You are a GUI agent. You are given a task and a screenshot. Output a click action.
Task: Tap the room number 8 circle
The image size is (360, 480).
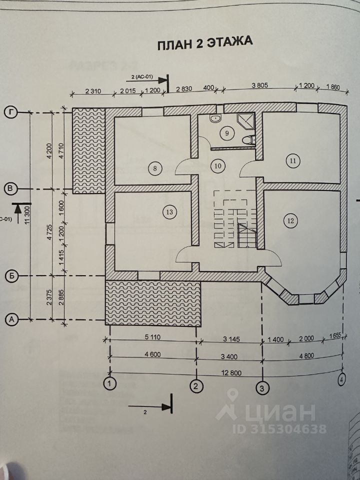[155, 168]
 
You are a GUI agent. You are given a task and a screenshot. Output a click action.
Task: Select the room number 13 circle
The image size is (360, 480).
[169, 212]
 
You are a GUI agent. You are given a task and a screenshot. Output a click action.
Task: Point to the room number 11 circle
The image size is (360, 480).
[292, 160]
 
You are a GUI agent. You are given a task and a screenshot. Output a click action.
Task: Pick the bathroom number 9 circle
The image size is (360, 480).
[226, 133]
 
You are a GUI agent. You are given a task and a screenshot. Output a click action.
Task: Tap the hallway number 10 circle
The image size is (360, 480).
[217, 166]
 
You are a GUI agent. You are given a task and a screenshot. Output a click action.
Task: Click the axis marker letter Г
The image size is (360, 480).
[10, 112]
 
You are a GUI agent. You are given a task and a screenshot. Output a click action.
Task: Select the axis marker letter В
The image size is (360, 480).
[10, 188]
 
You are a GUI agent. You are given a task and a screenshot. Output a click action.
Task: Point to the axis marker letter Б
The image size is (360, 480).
[10, 275]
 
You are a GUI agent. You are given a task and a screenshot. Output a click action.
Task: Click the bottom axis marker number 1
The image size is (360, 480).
[109, 384]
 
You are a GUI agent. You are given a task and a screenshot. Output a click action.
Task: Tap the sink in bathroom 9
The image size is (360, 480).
[215, 119]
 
